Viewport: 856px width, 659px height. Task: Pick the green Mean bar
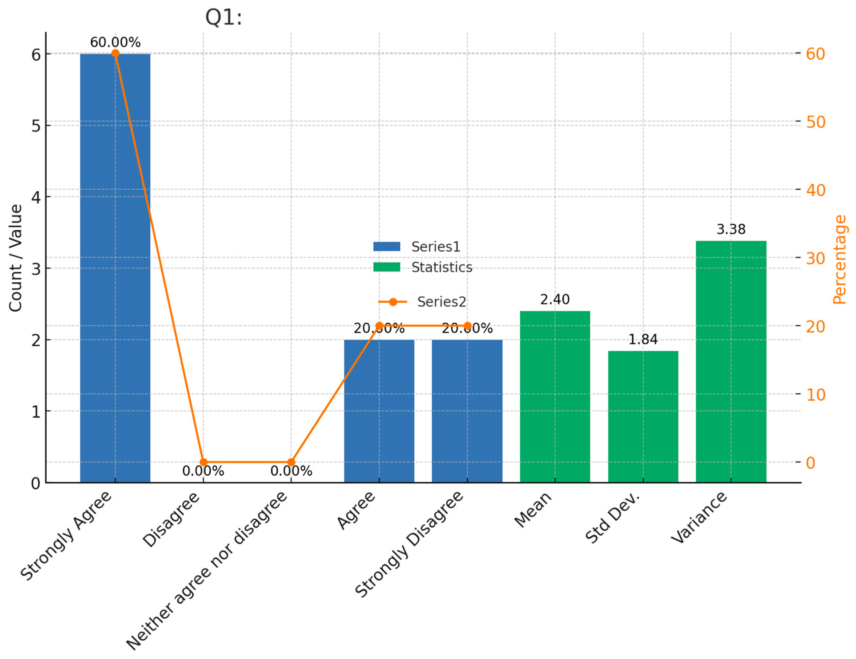coord(555,396)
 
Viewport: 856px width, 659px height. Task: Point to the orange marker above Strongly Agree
coord(115,53)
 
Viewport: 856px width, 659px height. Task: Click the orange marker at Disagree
coord(203,462)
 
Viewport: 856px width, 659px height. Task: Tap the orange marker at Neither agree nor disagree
coord(291,462)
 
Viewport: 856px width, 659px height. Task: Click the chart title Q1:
coord(223,18)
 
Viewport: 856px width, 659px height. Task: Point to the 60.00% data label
coord(115,42)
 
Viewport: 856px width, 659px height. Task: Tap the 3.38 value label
coord(731,229)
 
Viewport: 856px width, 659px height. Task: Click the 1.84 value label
coord(643,339)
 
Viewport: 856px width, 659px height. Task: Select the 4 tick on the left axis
coord(36,197)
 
